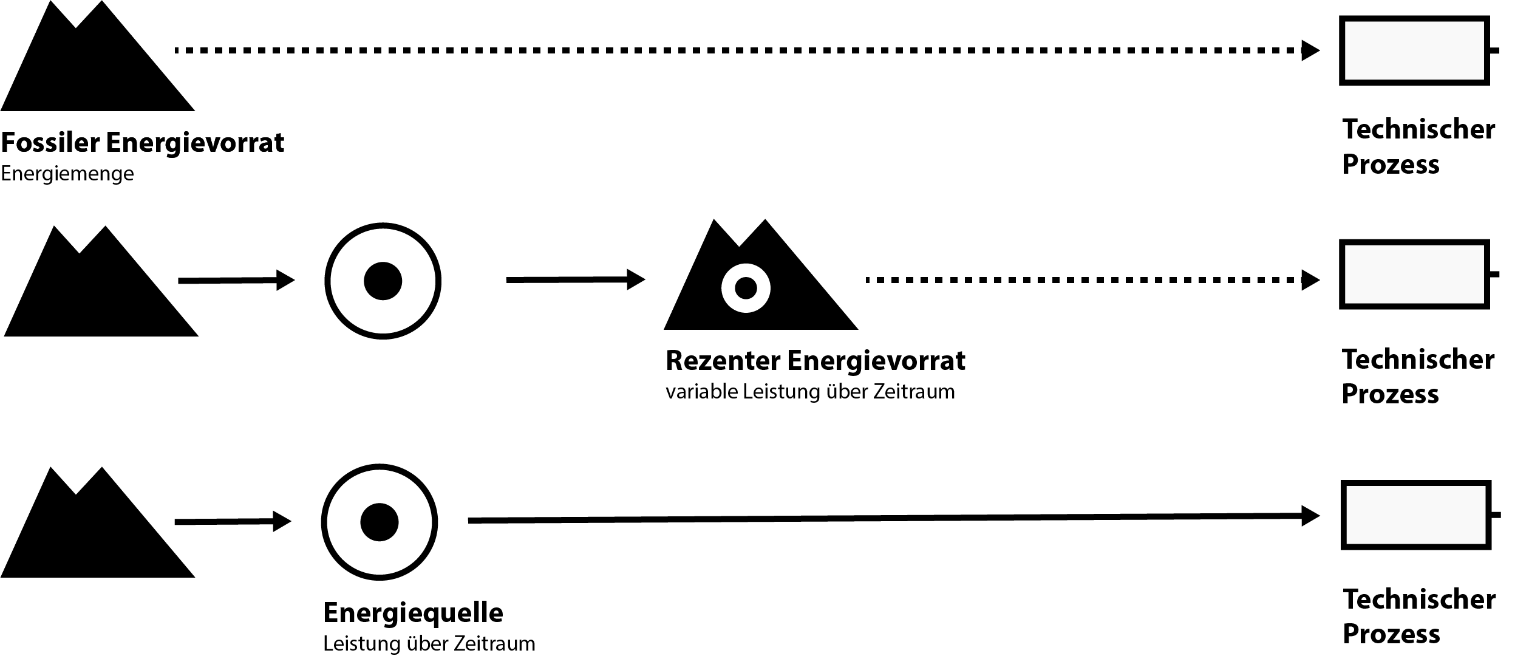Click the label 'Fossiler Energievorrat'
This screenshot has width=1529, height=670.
point(142,143)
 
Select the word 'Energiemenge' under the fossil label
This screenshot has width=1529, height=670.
point(67,174)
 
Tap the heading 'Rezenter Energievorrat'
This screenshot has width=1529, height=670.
point(815,361)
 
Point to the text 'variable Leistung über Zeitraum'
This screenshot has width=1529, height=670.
point(810,392)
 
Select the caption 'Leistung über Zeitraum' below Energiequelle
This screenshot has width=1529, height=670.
point(429,644)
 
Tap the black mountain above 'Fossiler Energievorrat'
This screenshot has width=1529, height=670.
point(97,67)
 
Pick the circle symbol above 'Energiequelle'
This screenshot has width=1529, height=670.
point(380,522)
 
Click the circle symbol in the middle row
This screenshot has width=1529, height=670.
point(383,281)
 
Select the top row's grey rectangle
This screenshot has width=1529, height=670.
point(1414,50)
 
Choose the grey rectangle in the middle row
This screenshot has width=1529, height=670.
point(1414,275)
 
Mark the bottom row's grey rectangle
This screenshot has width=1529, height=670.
point(1415,515)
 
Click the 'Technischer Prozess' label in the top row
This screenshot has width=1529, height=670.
point(1418,146)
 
